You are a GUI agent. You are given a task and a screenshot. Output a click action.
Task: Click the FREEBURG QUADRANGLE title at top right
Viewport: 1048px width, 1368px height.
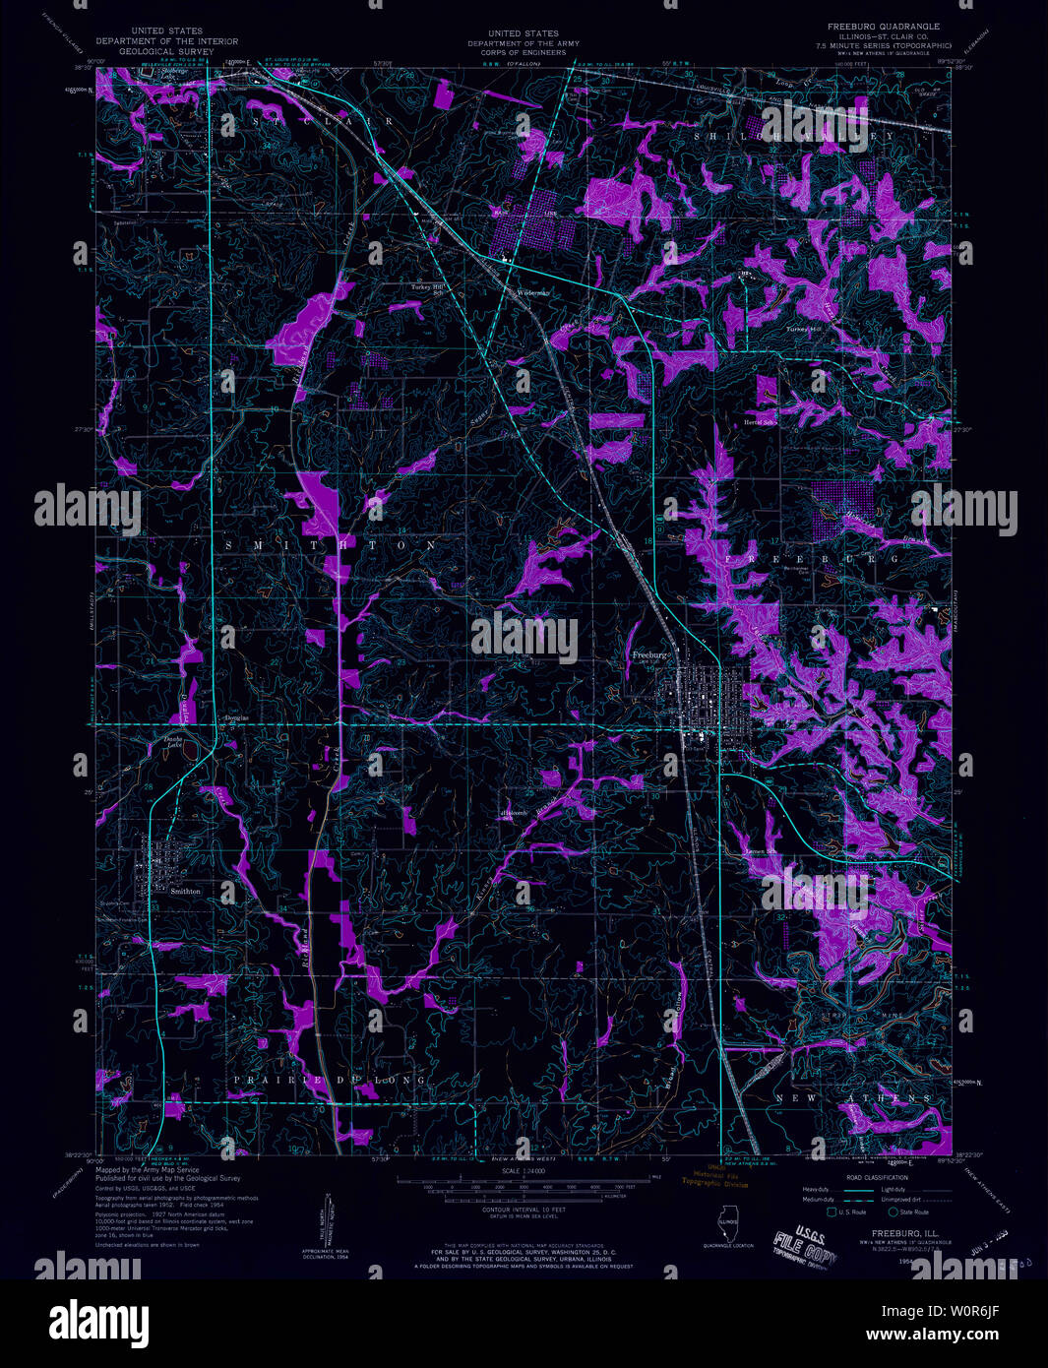point(882,27)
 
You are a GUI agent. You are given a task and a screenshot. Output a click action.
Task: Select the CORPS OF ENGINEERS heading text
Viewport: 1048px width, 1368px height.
point(523,51)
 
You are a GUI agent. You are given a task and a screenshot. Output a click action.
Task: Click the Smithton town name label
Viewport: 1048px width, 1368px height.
point(185,892)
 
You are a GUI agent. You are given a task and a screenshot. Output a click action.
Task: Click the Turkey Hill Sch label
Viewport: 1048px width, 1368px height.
point(429,289)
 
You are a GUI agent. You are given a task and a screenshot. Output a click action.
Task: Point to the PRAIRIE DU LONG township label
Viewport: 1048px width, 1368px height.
point(330,1080)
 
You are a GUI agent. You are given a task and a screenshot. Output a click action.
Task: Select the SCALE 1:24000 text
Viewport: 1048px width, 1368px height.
point(523,1170)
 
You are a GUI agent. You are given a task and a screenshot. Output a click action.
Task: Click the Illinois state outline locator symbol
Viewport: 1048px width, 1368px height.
point(727,1226)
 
